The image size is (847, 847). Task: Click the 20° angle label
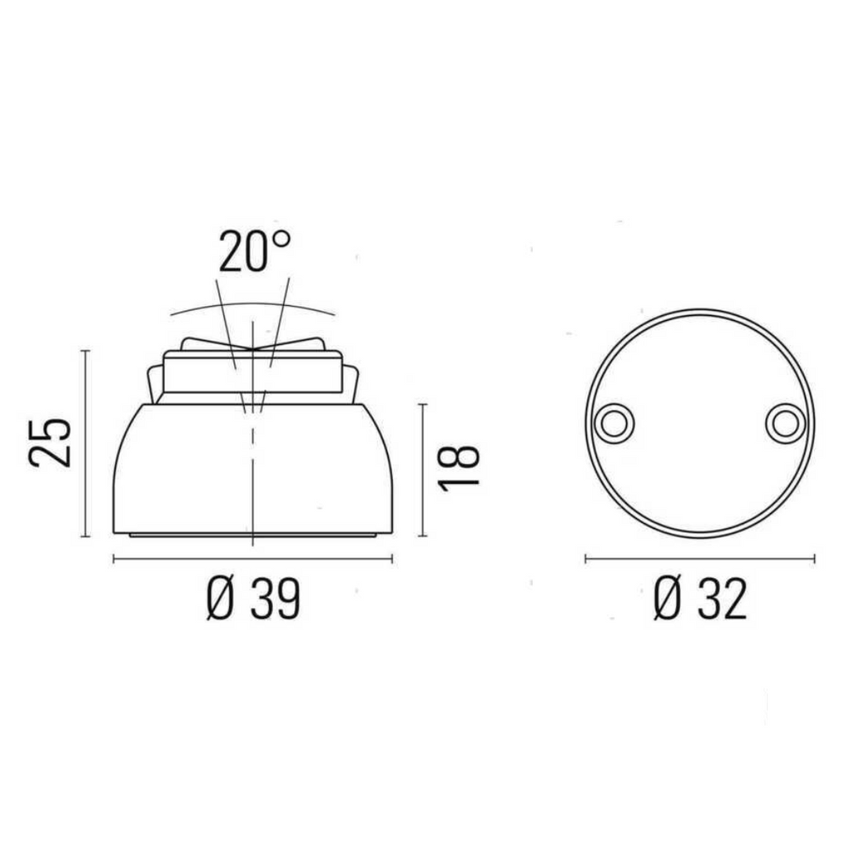(x=254, y=251)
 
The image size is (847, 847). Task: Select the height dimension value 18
(x=459, y=468)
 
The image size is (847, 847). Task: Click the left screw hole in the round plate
(x=613, y=423)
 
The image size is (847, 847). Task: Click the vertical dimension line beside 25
(x=85, y=443)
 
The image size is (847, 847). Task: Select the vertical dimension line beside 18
(x=423, y=469)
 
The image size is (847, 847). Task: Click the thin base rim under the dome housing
(x=253, y=535)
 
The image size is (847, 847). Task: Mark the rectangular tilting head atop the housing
(x=252, y=371)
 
